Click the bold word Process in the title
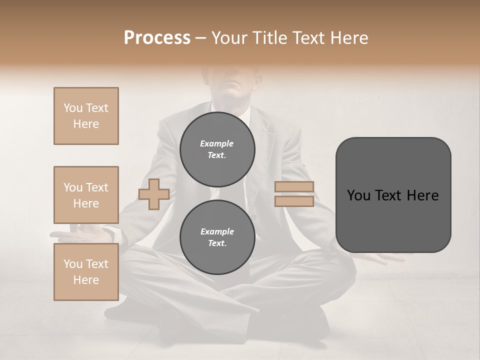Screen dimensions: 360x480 [x=157, y=38]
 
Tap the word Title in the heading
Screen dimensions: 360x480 [x=269, y=38]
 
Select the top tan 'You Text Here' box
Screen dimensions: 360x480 [x=86, y=116]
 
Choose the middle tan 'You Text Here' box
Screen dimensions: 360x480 [x=86, y=195]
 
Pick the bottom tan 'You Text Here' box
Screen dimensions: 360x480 [x=86, y=272]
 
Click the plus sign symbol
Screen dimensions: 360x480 [x=153, y=194]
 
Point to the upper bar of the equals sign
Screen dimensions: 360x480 [x=294, y=186]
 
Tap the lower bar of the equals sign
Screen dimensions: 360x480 [x=294, y=201]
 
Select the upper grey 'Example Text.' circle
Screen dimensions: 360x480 [x=217, y=149]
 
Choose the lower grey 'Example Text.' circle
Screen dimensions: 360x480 [x=217, y=237]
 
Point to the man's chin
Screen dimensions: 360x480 [x=234, y=95]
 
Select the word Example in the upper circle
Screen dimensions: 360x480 [x=217, y=143]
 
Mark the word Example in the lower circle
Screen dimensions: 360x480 [x=217, y=231]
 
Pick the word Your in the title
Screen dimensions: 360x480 [x=229, y=38]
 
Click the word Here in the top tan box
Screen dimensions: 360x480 [x=86, y=124]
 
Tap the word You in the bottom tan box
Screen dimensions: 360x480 [x=73, y=264]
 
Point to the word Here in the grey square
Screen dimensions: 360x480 [x=422, y=195]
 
